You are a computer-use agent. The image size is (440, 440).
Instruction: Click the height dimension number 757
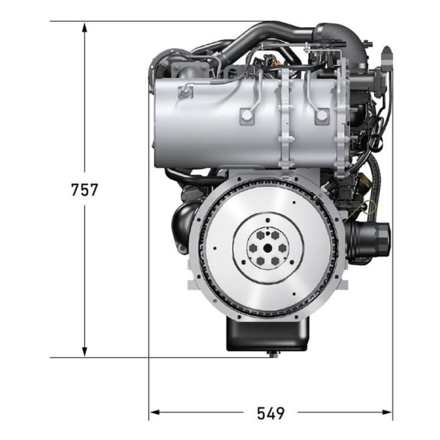[x=85, y=189]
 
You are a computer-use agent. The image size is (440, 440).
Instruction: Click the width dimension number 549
[x=271, y=413]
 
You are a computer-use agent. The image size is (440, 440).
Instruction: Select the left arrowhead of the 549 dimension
[x=155, y=412]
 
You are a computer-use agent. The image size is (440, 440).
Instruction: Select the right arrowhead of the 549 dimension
[x=386, y=412]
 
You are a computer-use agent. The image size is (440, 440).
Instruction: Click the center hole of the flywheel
[x=268, y=248]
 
